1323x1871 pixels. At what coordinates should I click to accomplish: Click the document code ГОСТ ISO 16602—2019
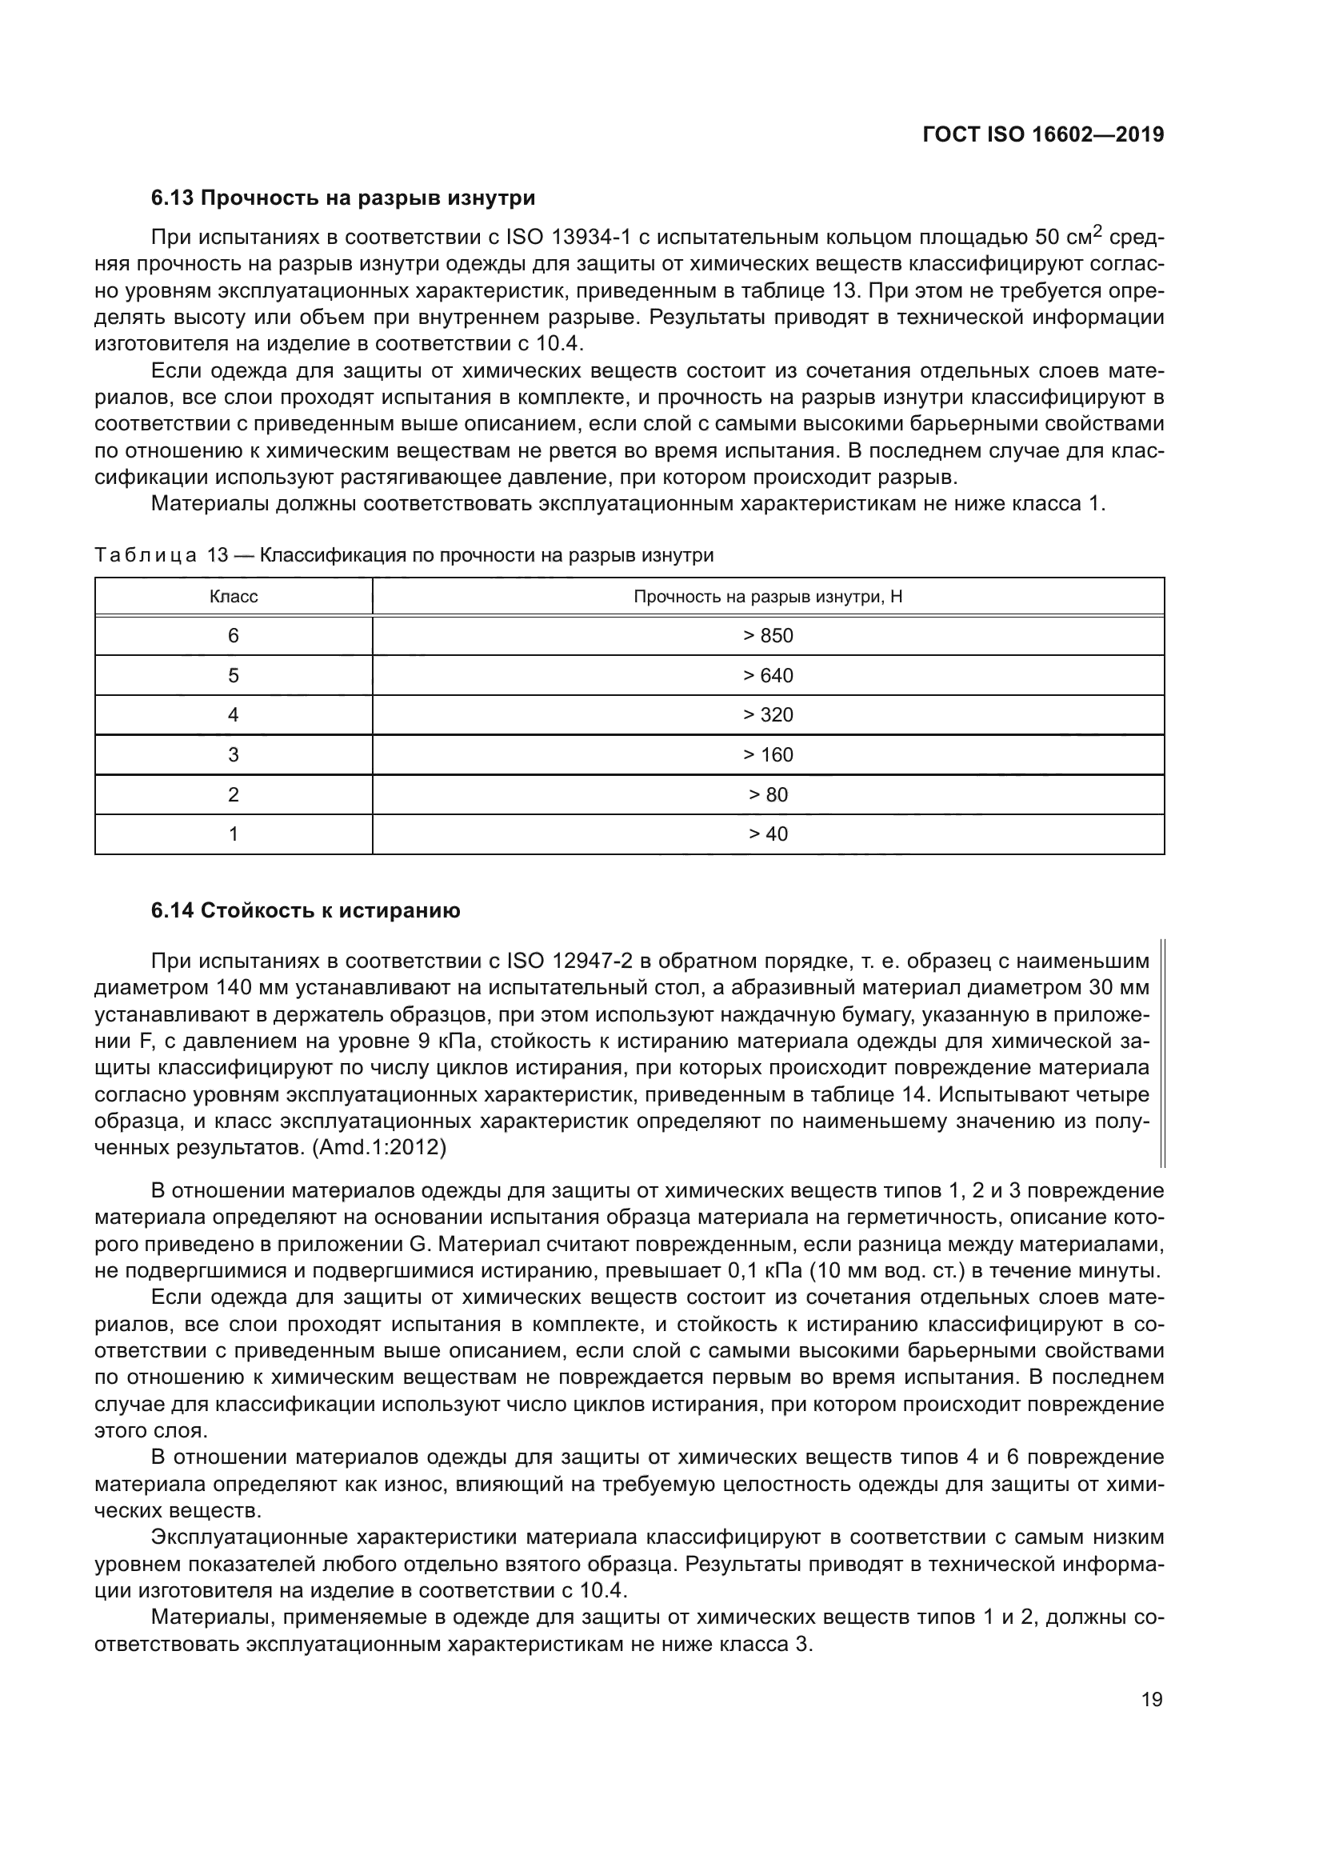point(1043,135)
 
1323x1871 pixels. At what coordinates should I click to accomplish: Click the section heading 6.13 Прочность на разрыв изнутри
point(343,198)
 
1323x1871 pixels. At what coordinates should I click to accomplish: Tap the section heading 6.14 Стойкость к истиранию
point(306,910)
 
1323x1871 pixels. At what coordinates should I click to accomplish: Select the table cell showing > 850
point(767,636)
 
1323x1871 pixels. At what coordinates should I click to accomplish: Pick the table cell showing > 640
point(767,676)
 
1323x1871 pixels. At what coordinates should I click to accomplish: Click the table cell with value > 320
point(767,714)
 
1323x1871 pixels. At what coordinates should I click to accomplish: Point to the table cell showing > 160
point(767,754)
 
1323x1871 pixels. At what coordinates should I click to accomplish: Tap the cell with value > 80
point(767,794)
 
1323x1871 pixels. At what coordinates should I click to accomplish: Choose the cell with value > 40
point(767,834)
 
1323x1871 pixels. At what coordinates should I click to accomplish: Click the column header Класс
point(234,597)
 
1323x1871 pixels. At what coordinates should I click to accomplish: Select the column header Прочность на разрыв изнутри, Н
point(767,597)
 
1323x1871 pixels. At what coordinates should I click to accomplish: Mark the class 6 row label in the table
point(234,636)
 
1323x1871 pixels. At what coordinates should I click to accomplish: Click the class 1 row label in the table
point(234,834)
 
